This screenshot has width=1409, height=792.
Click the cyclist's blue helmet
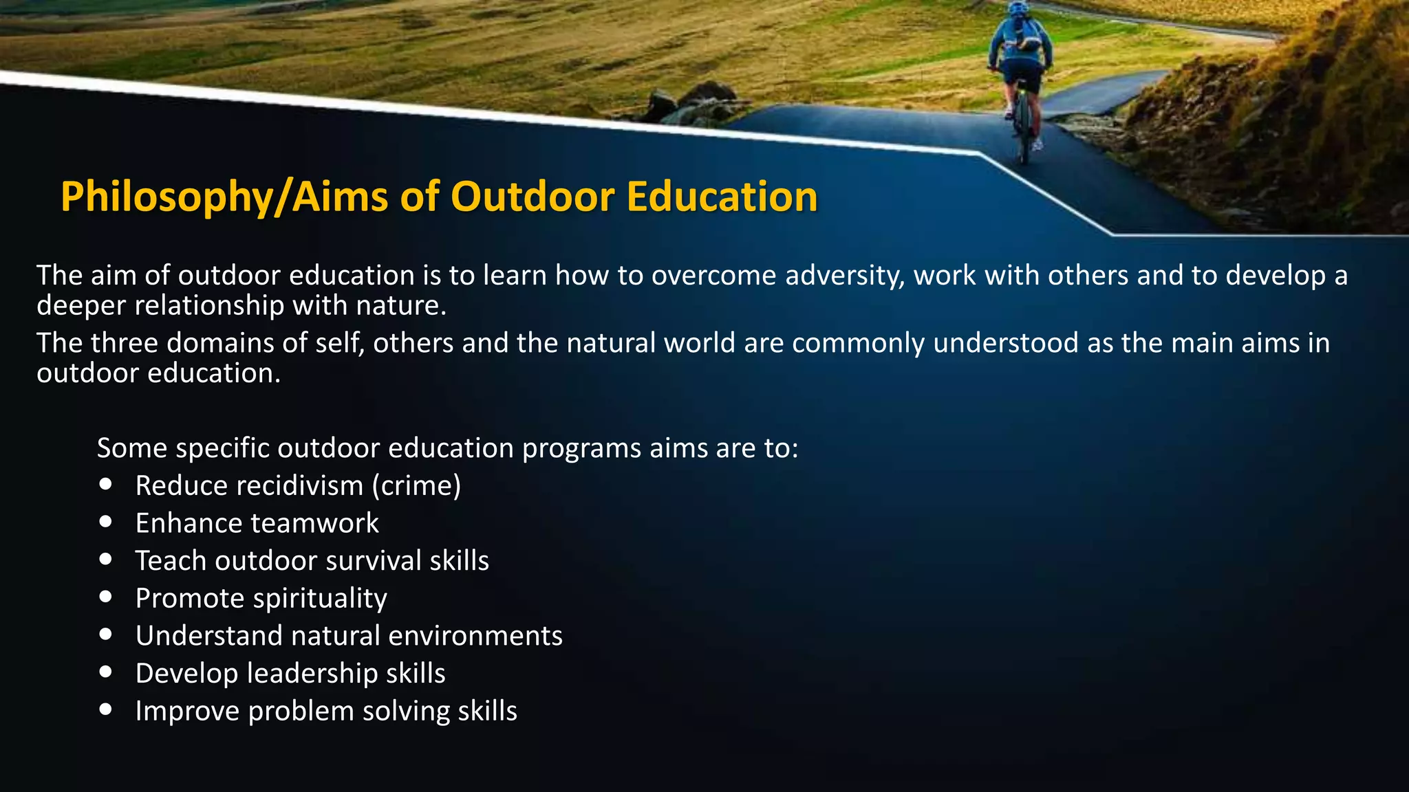(x=1018, y=9)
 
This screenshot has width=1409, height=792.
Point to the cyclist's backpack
(x=1023, y=34)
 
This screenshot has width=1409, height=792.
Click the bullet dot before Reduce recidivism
(x=105, y=485)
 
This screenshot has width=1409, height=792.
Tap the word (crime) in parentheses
(x=416, y=486)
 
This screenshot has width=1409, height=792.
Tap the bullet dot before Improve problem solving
(x=105, y=709)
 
